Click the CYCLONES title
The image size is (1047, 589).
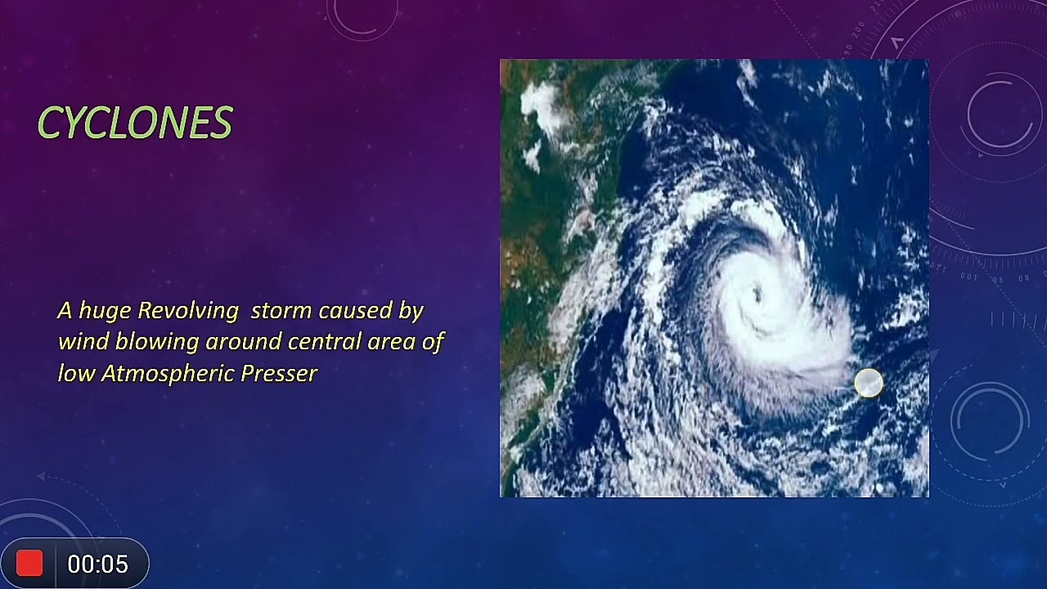point(135,124)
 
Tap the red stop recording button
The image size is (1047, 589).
point(29,564)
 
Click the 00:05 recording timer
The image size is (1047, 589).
point(97,564)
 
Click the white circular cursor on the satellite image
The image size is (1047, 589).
point(869,383)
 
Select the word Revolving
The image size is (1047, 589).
point(187,311)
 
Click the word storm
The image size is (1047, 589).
point(281,311)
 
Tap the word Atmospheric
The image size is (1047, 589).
point(168,374)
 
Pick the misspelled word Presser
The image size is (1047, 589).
point(279,374)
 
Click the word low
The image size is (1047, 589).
point(75,374)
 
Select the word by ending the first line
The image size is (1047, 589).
point(411,311)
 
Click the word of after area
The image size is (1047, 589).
point(433,342)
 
